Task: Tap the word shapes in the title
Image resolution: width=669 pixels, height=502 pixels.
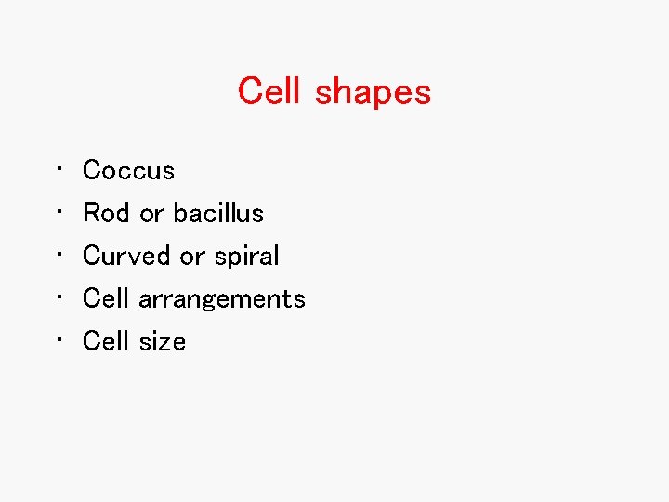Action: click(x=373, y=93)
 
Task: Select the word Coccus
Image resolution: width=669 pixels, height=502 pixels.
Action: click(x=128, y=170)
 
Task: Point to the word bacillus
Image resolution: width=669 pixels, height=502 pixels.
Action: click(x=218, y=213)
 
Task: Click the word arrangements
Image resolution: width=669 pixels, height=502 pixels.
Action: click(x=222, y=299)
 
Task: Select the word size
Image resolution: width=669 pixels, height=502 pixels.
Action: click(x=163, y=341)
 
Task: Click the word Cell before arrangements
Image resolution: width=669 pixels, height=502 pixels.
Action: click(x=106, y=298)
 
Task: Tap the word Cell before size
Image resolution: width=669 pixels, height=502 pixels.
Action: click(x=106, y=341)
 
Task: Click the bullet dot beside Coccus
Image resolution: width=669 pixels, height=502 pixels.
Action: click(x=59, y=169)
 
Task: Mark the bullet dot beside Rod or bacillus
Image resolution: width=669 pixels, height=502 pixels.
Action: click(x=59, y=212)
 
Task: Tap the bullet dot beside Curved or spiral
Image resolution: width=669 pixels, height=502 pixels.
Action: click(x=59, y=255)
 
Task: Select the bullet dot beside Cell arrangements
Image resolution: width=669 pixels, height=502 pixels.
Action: click(x=59, y=297)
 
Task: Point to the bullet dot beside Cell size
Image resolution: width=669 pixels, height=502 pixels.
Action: click(x=59, y=340)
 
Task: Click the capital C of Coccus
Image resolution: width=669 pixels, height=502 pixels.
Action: click(x=91, y=170)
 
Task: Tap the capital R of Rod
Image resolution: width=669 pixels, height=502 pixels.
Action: click(x=92, y=213)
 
